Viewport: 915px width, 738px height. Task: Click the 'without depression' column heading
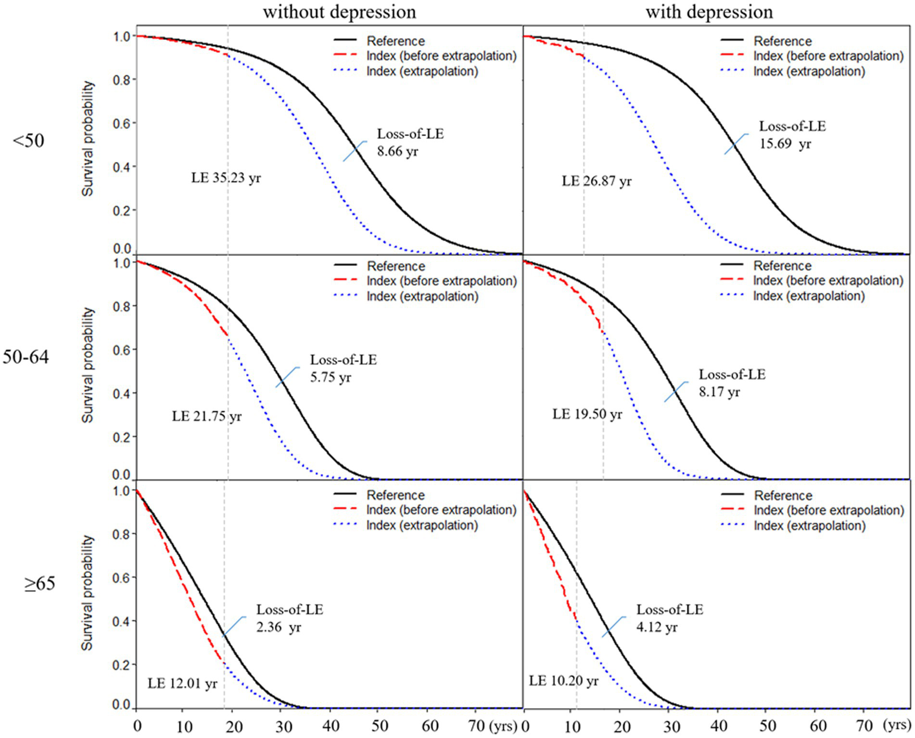pyautogui.click(x=339, y=12)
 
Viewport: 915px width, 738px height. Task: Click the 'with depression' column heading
pyautogui.click(x=709, y=12)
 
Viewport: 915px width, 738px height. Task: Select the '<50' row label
pyautogui.click(x=29, y=141)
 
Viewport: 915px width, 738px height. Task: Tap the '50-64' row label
pyautogui.click(x=26, y=358)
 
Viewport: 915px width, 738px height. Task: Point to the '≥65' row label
pyautogui.click(x=39, y=584)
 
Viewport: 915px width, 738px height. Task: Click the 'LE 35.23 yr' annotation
pyautogui.click(x=226, y=178)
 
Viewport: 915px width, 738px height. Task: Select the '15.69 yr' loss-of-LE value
pyautogui.click(x=785, y=144)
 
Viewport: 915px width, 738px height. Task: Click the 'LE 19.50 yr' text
pyautogui.click(x=587, y=414)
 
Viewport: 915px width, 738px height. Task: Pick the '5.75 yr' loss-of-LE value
pyautogui.click(x=330, y=378)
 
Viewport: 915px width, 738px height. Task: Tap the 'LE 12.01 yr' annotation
pyautogui.click(x=182, y=684)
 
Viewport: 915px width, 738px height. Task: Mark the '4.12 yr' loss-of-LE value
pyautogui.click(x=657, y=628)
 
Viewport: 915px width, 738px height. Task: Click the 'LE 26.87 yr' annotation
pyautogui.click(x=597, y=181)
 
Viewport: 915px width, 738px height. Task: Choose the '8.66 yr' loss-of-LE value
pyautogui.click(x=397, y=151)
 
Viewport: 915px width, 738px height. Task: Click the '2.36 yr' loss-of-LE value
pyautogui.click(x=278, y=628)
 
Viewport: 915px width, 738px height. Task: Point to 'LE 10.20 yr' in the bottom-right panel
pyautogui.click(x=563, y=681)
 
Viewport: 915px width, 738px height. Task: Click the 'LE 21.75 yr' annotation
pyautogui.click(x=207, y=416)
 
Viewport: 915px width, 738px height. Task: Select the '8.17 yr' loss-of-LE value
pyautogui.click(x=719, y=392)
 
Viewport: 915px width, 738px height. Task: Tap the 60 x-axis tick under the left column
pyautogui.click(x=430, y=726)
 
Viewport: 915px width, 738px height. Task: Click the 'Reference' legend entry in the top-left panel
pyautogui.click(x=395, y=41)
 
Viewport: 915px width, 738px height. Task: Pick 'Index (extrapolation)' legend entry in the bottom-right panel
pyautogui.click(x=809, y=526)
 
